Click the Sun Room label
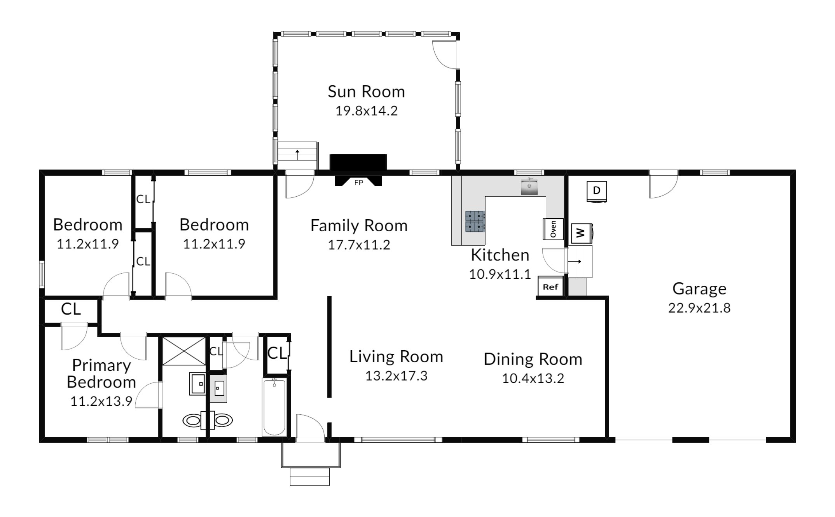366,92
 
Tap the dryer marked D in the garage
597,191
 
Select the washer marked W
582,233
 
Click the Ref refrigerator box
550,287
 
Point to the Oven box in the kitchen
553,229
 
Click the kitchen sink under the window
529,187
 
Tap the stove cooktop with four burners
475,221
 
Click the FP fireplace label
358,182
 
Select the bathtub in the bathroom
274,407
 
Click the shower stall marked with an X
183,351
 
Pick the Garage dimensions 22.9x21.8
699,308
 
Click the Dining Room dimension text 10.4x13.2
533,378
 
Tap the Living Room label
396,357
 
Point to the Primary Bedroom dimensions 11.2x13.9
101,401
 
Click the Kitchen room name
500,255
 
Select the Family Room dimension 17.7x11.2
359,245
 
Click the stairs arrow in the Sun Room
298,154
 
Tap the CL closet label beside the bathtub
277,353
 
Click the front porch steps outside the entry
310,477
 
